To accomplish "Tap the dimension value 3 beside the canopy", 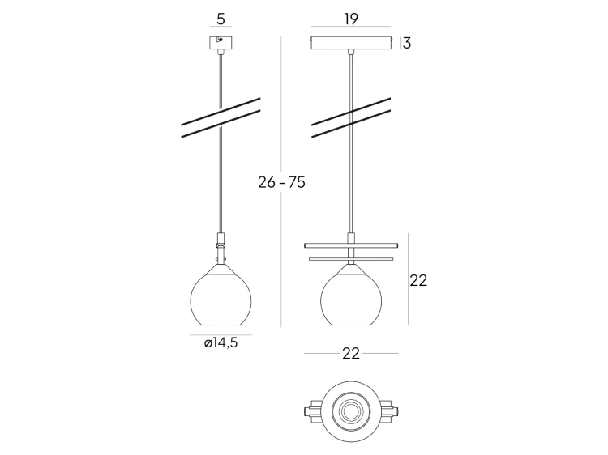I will [407, 43].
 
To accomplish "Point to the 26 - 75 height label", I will [281, 182].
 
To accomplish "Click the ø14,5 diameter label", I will [221, 343].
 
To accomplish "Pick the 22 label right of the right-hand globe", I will [418, 281].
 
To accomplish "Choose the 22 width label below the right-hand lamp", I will [350, 354].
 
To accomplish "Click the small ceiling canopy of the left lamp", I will [221, 42].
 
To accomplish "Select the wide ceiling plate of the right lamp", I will [350, 43].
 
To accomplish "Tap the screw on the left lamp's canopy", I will [220, 40].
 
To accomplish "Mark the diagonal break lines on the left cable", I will [221, 118].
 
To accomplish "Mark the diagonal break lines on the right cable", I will [351, 118].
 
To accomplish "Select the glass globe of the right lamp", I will [351, 297].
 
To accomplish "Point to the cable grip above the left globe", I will [221, 242].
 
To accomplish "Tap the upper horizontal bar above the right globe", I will [350, 244].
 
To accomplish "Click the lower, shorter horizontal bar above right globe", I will [350, 259].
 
